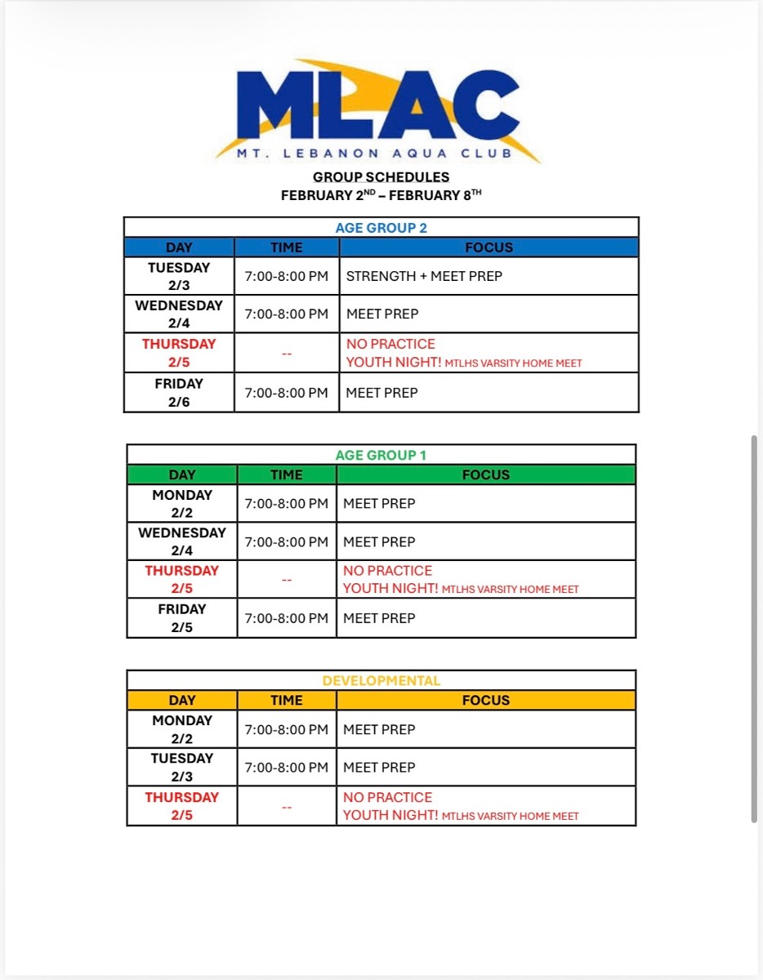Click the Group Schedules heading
pos(381,176)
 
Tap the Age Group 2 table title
pos(381,228)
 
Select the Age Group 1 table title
pos(381,455)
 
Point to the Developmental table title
pos(381,680)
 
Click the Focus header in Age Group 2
pos(489,247)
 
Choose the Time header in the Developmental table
pos(287,700)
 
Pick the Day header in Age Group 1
pos(182,474)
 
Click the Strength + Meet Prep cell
pos(424,276)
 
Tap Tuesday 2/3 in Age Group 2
pos(179,276)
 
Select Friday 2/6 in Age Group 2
pos(179,392)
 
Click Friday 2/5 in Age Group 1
pos(182,618)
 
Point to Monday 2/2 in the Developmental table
pos(182,729)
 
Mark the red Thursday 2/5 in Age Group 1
pos(182,579)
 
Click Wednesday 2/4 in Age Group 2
pos(179,314)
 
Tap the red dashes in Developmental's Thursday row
pos(287,807)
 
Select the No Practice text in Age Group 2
pos(390,344)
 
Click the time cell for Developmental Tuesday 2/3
pos(287,768)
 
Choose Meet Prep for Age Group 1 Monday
pos(379,504)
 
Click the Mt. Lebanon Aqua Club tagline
pos(375,153)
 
